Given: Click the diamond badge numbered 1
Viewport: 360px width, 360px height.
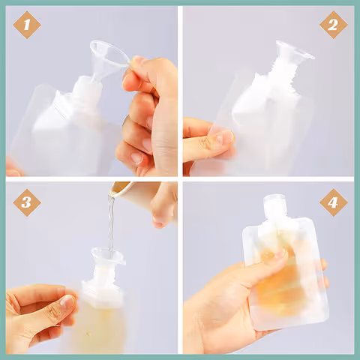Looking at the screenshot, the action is [27, 25].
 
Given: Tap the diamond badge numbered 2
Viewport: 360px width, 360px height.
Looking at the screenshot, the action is [333, 25].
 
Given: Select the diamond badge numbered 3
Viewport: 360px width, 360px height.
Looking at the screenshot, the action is [27, 202].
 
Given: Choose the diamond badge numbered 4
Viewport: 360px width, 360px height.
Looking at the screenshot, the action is [333, 202].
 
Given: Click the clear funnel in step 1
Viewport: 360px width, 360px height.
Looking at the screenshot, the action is [106, 58].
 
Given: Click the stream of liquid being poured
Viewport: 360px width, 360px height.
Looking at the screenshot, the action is [111, 223].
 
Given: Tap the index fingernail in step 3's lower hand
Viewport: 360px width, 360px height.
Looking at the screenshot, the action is [67, 301].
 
